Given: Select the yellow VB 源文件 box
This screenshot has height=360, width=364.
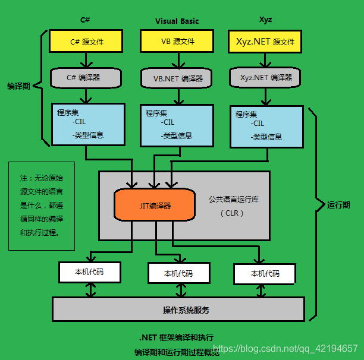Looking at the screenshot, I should [x=177, y=42].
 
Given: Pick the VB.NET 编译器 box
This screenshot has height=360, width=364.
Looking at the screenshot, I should [x=177, y=78].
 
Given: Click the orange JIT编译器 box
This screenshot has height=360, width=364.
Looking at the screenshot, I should [x=155, y=206].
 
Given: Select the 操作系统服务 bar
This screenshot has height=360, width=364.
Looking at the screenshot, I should [x=178, y=310].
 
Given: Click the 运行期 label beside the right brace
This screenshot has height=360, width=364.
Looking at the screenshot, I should [x=338, y=205].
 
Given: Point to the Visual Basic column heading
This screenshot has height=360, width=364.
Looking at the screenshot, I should [x=177, y=21].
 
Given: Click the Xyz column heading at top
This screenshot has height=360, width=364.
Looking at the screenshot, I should [x=265, y=20].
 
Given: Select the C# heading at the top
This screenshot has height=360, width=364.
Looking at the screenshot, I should [x=85, y=20].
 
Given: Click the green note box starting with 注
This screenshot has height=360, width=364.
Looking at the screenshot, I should [x=41, y=206].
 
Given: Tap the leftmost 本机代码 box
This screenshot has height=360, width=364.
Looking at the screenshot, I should [x=89, y=271].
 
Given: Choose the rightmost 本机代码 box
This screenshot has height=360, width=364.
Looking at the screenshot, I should [x=265, y=274].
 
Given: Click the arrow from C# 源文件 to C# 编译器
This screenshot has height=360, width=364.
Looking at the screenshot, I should [x=87, y=59].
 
